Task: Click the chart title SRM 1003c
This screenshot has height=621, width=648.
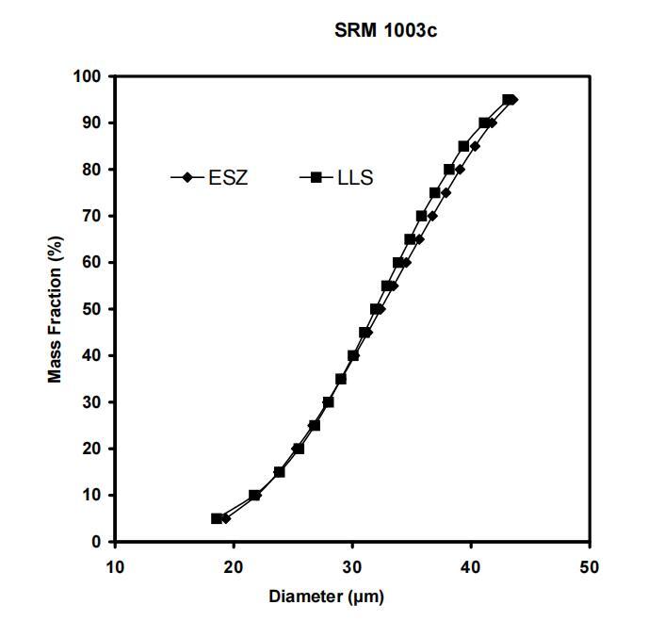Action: (x=385, y=31)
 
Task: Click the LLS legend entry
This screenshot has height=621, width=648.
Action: (x=355, y=177)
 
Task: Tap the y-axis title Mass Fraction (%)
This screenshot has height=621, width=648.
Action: (x=56, y=309)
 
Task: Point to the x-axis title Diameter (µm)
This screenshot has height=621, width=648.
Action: (x=327, y=596)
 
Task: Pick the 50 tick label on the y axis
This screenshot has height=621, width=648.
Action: (x=93, y=309)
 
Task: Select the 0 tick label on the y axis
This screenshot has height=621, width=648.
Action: (x=97, y=542)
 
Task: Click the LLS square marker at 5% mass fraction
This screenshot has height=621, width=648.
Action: (x=217, y=518)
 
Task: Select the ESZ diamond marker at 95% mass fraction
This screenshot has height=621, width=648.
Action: (x=512, y=99)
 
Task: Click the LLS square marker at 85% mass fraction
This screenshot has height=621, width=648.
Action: (x=463, y=146)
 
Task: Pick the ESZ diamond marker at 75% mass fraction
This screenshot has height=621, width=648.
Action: (x=445, y=192)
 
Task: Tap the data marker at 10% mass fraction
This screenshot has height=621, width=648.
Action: (x=254, y=495)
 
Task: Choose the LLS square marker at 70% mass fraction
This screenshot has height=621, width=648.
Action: (x=422, y=216)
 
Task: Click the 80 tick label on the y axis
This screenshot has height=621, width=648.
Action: (x=93, y=170)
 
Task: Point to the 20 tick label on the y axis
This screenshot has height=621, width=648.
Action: (x=93, y=449)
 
